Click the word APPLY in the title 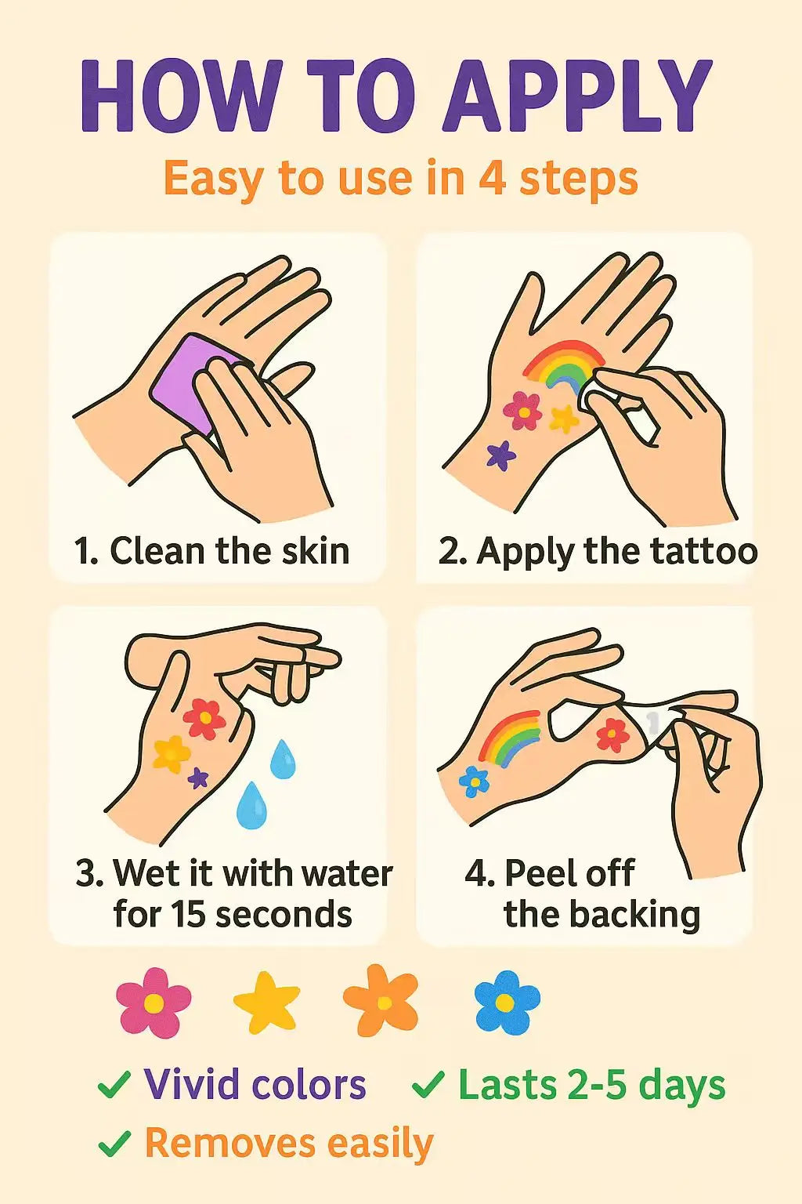(577, 96)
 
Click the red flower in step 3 (204, 719)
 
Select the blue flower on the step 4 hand (475, 782)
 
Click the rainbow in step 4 (509, 738)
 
